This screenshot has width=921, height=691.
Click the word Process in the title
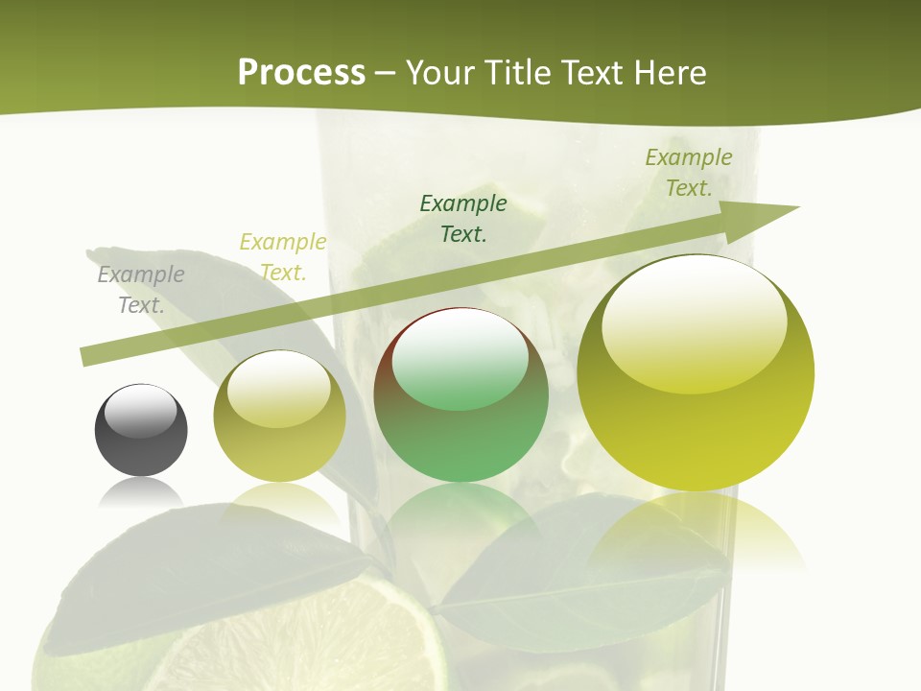pyautogui.click(x=301, y=72)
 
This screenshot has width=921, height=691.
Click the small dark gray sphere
pyautogui.click(x=141, y=431)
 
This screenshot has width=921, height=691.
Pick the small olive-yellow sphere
pyautogui.click(x=279, y=417)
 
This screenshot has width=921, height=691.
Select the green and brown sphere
pyautogui.click(x=460, y=394)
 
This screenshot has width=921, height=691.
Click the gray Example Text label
pyautogui.click(x=141, y=290)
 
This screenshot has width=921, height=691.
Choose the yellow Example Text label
pyautogui.click(x=283, y=257)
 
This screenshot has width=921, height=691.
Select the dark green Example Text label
pyautogui.click(x=463, y=218)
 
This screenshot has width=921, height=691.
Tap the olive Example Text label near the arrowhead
pyautogui.click(x=689, y=173)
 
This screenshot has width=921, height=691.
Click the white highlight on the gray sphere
pyautogui.click(x=140, y=412)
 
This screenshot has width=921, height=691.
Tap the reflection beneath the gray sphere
pyautogui.click(x=141, y=493)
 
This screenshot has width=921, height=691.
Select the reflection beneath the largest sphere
pyautogui.click(x=696, y=528)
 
